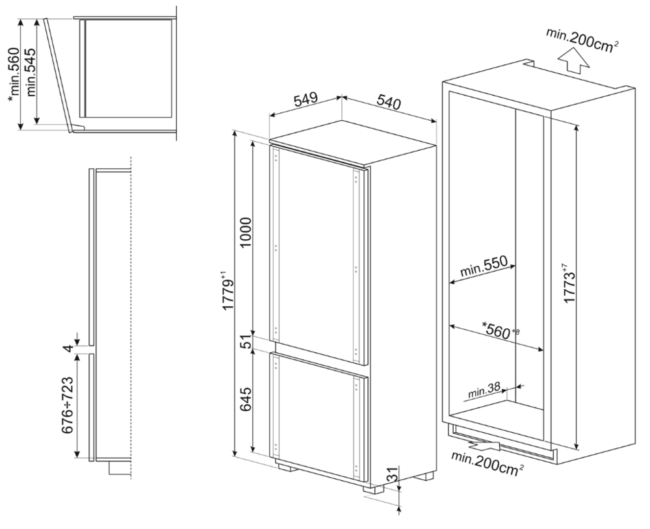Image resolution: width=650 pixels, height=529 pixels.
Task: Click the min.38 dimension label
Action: [484, 390]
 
